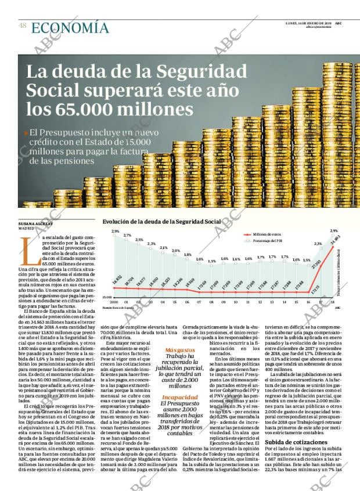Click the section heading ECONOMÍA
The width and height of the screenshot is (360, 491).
(70, 28)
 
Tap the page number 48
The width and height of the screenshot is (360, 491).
(22, 26)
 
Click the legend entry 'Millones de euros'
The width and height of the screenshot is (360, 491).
(267, 234)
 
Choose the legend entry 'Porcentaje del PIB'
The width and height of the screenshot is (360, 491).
(268, 241)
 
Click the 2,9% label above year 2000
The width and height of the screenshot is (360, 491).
(115, 232)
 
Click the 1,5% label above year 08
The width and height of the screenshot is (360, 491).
(212, 261)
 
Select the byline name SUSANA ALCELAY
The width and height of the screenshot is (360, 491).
(35, 224)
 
